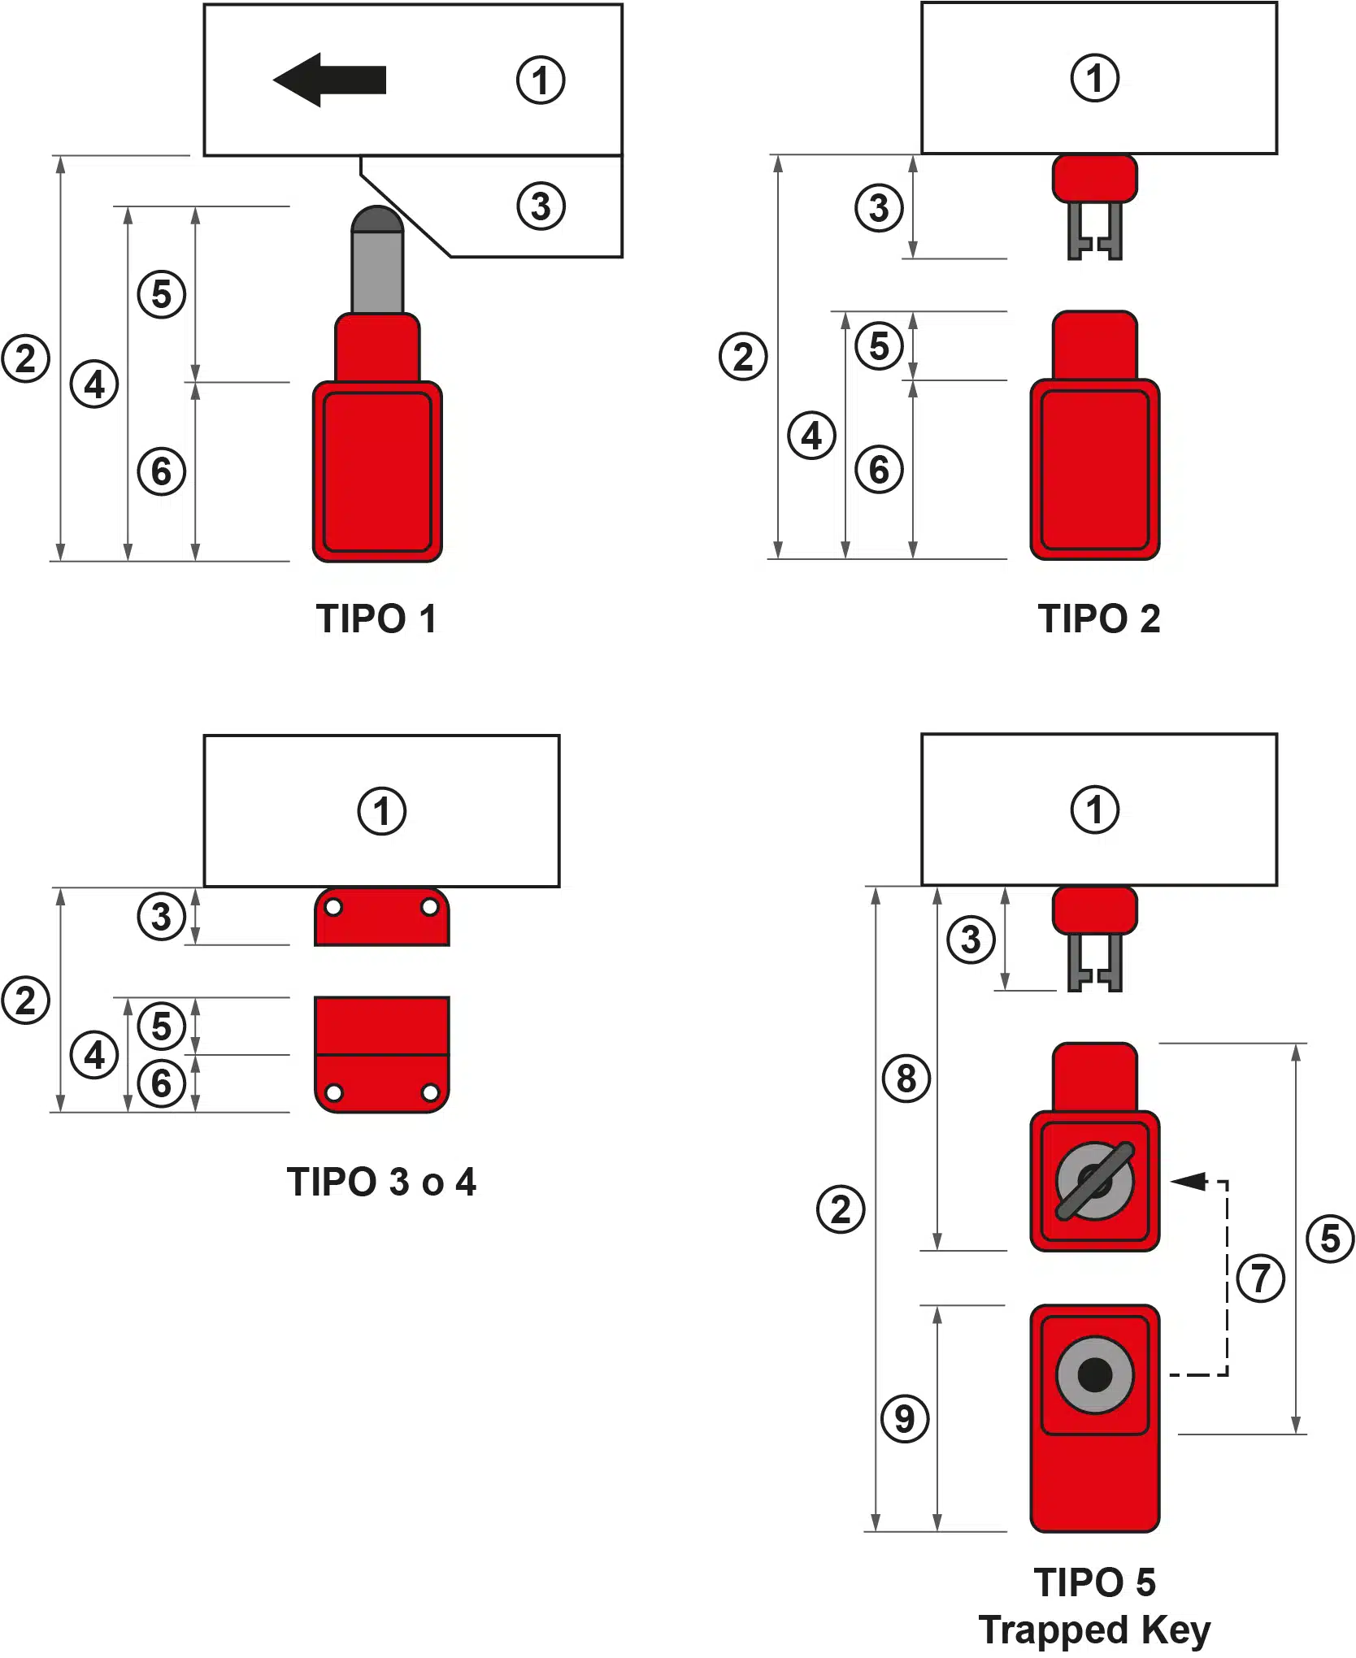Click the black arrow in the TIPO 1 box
coord(329,80)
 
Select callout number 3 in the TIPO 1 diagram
coord(541,206)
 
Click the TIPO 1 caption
coord(376,618)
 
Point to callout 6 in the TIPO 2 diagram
coord(879,469)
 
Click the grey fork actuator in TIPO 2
coord(1094,231)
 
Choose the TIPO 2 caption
coord(1099,618)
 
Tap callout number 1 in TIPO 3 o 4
coord(381,810)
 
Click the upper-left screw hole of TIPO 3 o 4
coord(333,908)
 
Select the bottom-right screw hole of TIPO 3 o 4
coord(431,1093)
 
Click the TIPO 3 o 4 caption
coord(381,1182)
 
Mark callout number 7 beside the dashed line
coord(1260,1278)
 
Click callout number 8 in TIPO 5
coord(906,1079)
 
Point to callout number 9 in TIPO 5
coord(905,1418)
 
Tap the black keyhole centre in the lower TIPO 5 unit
coord(1094,1374)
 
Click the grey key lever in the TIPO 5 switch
coord(1094,1181)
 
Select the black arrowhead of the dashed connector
coord(1189,1181)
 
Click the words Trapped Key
coord(1094,1630)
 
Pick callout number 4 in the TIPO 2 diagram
coord(811,436)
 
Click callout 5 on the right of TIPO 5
coord(1330,1239)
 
